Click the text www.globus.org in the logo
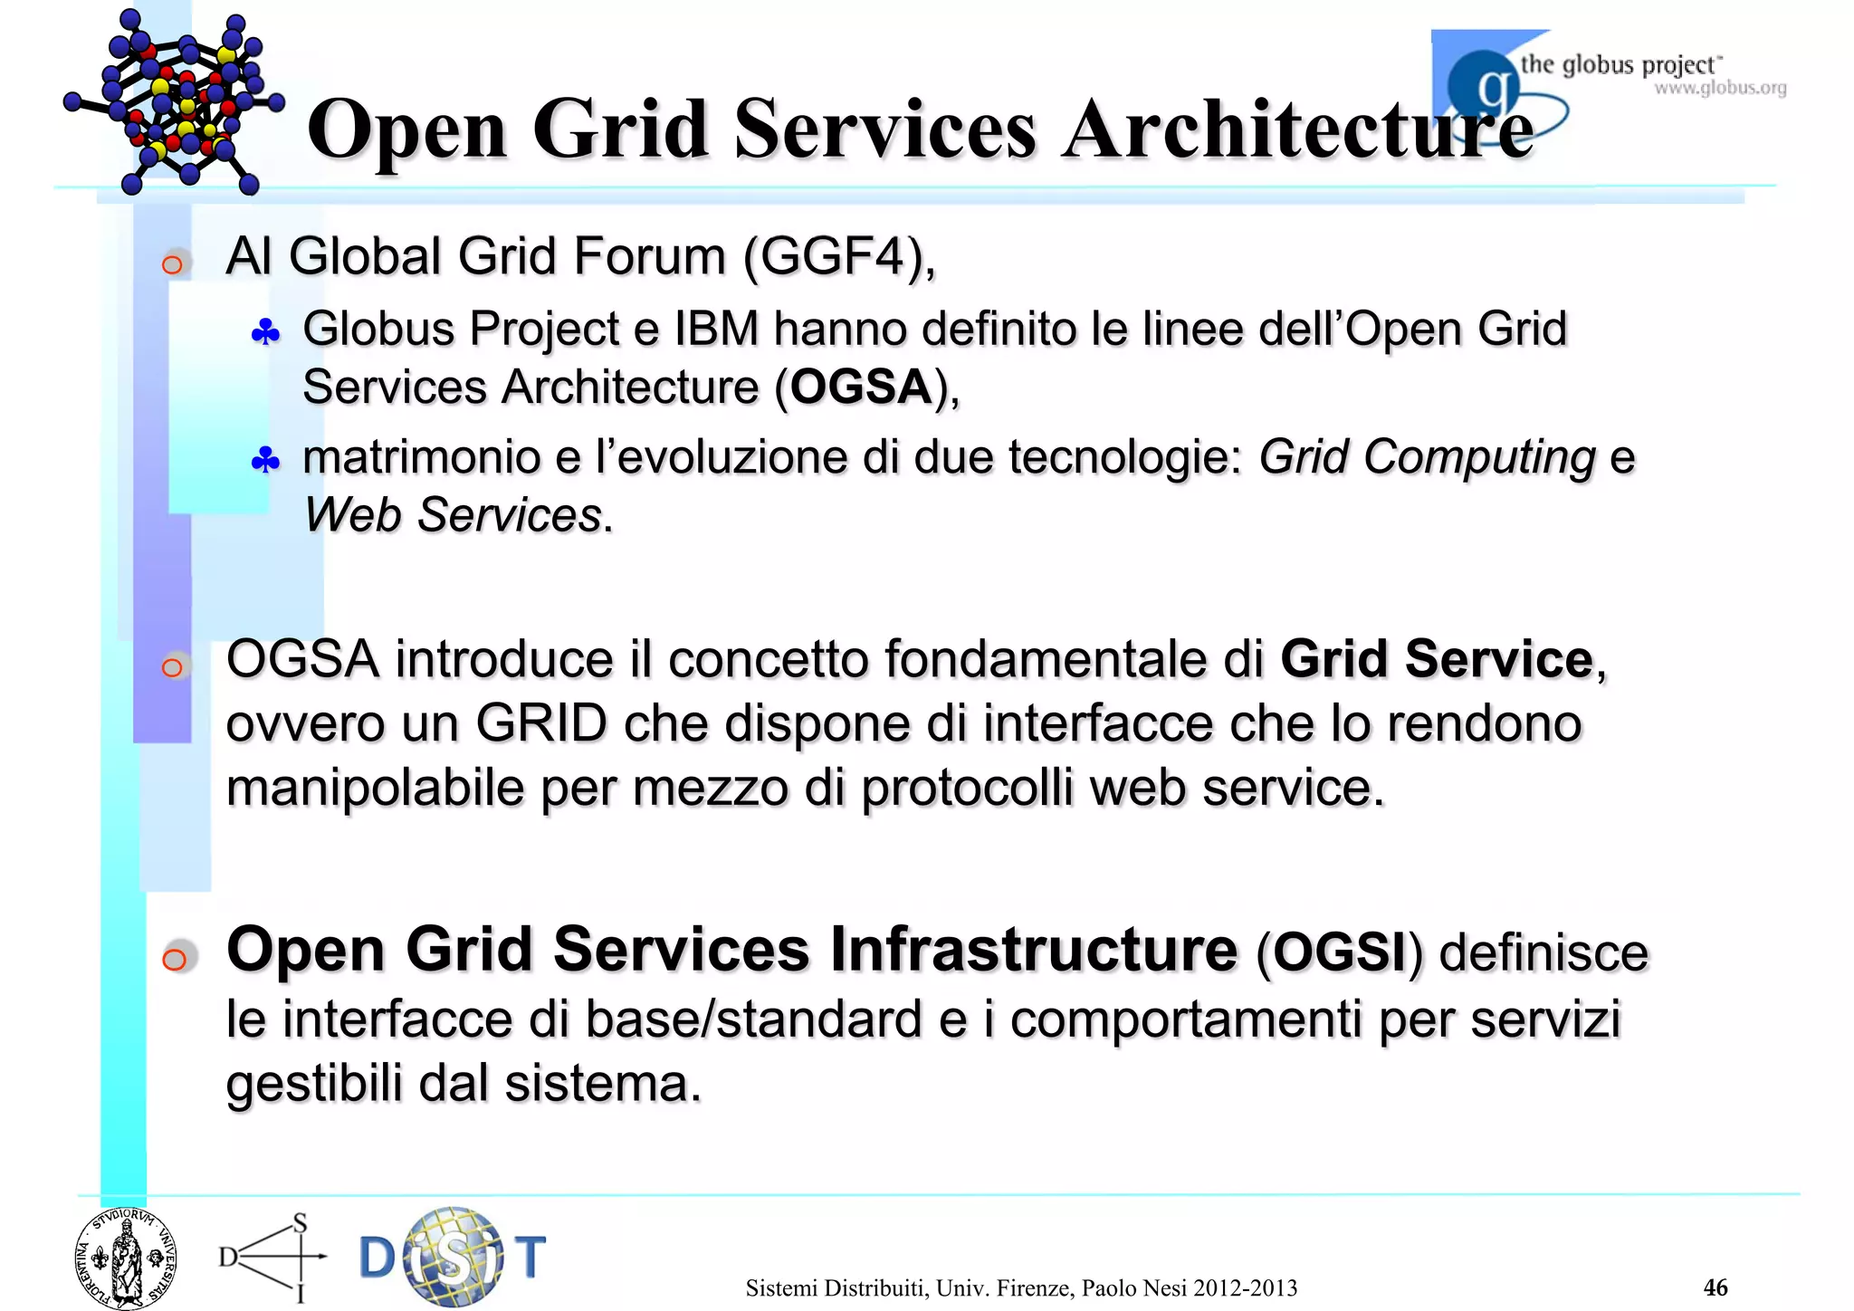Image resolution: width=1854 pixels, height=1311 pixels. coord(1720,89)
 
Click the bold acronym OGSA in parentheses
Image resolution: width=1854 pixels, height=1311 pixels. coord(860,388)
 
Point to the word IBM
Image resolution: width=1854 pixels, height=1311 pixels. coord(716,329)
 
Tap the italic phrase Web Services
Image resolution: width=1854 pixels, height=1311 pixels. coord(453,515)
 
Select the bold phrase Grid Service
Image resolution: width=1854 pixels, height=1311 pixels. coord(1436,658)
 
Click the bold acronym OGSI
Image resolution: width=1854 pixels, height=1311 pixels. coord(1339,952)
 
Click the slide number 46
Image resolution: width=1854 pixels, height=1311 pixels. coord(1715,1287)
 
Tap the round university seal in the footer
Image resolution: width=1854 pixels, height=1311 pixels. coord(126,1258)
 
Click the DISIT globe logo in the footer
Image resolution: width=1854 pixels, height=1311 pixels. coord(453,1257)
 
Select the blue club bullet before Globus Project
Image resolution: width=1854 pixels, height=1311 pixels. coord(265,333)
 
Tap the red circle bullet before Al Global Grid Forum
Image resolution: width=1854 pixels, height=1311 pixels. coord(172,264)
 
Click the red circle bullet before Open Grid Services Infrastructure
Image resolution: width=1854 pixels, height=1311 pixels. coord(175,958)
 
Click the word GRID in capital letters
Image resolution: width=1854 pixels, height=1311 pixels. coord(540,723)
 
